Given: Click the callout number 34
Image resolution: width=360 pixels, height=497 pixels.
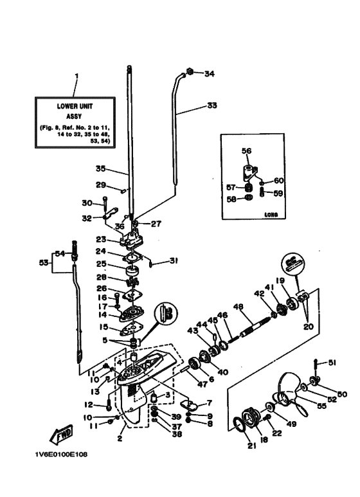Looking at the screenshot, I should (209, 74).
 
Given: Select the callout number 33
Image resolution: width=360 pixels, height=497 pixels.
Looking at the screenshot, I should (212, 105).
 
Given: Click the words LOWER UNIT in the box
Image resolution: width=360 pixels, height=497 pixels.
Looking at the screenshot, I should (75, 108).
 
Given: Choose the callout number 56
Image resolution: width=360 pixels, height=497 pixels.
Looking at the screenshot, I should (246, 152).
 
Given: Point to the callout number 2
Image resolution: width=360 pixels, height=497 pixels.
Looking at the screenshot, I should (119, 439).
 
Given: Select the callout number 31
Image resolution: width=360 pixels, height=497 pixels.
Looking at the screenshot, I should (174, 260).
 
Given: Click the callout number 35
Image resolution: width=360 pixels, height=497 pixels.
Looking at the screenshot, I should (100, 170).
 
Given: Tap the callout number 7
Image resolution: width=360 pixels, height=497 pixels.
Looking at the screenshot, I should (208, 404).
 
